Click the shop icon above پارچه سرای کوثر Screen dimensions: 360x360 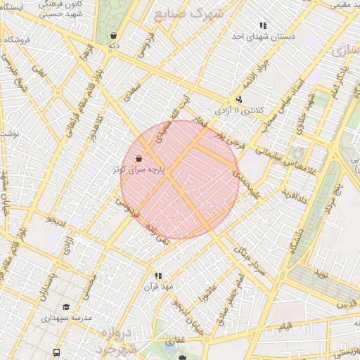tap(139, 158)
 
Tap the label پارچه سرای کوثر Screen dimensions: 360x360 tap(140, 170)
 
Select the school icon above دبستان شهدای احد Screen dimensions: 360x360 tap(263, 25)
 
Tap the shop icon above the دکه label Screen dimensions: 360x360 tap(113, 35)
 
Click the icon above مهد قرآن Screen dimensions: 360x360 tap(158, 276)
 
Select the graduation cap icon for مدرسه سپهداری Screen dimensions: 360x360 tap(66, 307)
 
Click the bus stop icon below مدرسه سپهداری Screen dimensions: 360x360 tap(56, 352)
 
